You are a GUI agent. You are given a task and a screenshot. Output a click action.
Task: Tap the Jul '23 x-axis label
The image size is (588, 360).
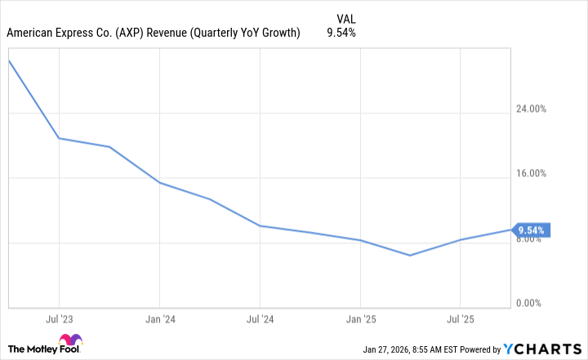[x=58, y=318]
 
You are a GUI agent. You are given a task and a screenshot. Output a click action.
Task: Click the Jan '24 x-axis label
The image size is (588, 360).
[x=158, y=318]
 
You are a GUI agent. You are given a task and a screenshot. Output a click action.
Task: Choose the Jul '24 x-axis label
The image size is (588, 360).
[x=259, y=318]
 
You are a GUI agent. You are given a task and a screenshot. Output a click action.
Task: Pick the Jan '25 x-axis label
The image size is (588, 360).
[x=360, y=318]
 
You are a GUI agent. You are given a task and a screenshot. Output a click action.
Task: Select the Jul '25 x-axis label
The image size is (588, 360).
[x=461, y=318]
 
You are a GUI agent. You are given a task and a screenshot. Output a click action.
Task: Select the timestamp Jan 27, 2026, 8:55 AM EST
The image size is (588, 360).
[x=416, y=349]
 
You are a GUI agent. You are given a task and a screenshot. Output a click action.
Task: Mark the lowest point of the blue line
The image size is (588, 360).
[x=410, y=256]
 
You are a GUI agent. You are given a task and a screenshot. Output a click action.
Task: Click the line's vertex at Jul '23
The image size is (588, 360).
[x=58, y=138]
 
